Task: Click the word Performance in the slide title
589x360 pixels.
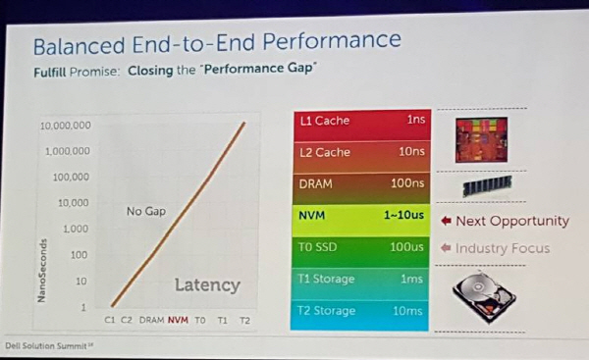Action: (332, 40)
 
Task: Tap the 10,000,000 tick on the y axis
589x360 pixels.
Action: (66, 126)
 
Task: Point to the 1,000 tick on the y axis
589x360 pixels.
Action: (76, 229)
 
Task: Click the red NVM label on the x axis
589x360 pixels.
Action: (178, 320)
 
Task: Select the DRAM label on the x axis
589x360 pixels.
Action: (152, 320)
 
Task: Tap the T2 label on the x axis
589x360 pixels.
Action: (244, 320)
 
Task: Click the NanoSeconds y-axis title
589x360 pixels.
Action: (41, 271)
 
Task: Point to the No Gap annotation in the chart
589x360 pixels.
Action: (146, 211)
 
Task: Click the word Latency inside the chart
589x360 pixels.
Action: (207, 285)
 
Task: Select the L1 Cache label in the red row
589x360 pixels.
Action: (325, 121)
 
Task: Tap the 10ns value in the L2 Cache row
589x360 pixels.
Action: (411, 151)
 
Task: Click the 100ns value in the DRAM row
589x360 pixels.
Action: (407, 183)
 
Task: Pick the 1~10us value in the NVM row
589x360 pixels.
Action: (403, 215)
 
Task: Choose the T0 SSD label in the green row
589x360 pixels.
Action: (317, 247)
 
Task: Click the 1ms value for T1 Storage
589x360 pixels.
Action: (411, 279)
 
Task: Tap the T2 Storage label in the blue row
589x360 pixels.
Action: (327, 311)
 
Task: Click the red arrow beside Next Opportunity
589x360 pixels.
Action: (446, 221)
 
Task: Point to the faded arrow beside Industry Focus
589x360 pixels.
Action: (446, 248)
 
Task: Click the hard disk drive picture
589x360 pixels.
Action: (484, 296)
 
